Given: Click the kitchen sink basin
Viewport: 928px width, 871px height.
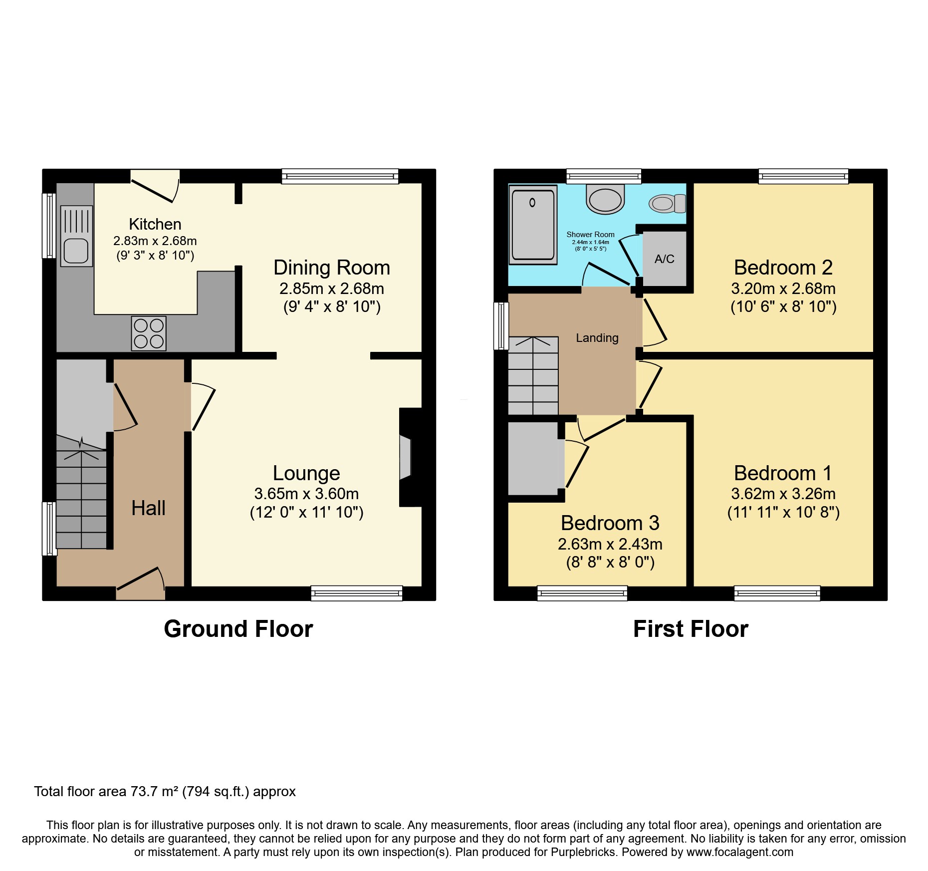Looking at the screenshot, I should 76,251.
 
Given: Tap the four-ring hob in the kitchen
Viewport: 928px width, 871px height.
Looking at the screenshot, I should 149,333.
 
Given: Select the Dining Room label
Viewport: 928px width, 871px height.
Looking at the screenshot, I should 331,268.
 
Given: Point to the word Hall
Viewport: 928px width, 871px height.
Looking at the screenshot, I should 148,508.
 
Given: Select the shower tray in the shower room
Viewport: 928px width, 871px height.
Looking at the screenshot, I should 532,225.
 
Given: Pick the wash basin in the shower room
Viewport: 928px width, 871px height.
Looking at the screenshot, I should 605,199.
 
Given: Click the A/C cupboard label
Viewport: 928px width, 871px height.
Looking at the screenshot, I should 664,259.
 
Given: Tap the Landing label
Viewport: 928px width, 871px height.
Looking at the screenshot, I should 597,338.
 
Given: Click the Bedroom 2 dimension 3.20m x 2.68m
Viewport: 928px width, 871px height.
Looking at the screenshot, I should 783,289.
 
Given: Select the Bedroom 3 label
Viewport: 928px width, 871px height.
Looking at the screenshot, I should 610,523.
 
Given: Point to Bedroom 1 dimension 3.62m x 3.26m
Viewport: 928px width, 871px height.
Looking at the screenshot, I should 783,494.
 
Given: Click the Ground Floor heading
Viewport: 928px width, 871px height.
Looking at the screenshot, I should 238,629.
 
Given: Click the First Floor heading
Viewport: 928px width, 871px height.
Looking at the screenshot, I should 691,629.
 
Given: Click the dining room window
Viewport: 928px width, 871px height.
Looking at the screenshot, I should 340,176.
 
